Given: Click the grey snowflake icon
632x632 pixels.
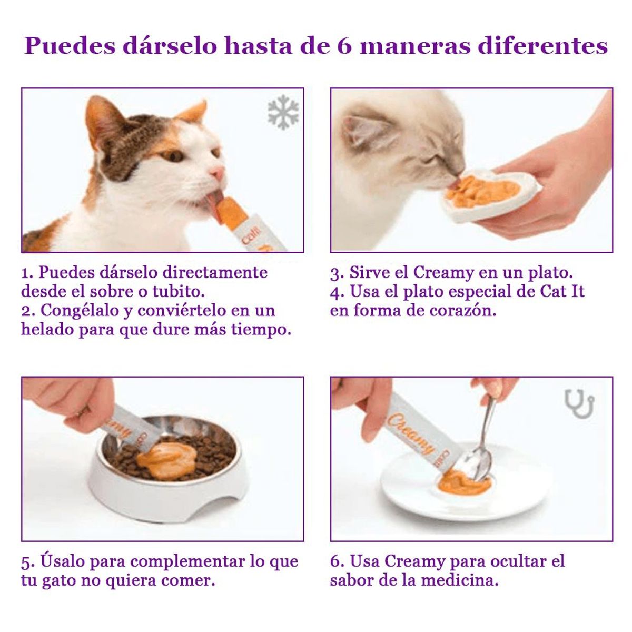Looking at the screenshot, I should point(283,112).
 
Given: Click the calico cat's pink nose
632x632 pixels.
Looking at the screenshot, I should point(216,173).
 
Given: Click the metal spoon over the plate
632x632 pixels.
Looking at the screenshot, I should point(482,448).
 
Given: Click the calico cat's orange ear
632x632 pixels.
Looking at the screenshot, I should point(193,112).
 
